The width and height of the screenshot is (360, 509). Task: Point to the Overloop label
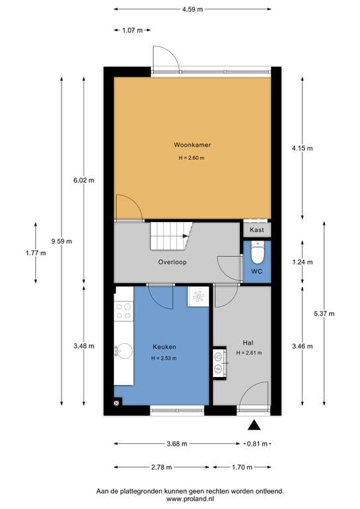coord(172,262)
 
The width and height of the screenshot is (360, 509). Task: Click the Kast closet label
coord(257,229)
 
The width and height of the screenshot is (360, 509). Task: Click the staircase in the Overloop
coord(170,235)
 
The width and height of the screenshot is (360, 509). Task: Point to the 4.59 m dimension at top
coord(192,9)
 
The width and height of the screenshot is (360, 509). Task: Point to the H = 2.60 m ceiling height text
coord(192,158)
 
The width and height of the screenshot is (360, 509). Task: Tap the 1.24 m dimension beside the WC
coord(303,262)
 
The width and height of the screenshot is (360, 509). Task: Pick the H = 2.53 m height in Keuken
coord(164,359)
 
